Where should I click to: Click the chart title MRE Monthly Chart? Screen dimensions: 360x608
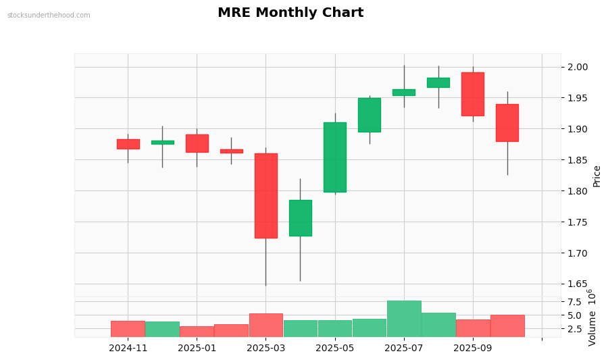(x=290, y=13)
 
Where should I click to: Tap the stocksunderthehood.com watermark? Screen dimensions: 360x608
(x=49, y=16)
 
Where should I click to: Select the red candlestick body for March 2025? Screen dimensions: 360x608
(x=265, y=196)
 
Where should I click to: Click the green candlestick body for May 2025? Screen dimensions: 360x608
(x=335, y=157)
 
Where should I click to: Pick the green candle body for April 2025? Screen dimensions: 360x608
(x=301, y=217)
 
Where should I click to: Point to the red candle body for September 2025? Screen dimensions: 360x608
(x=473, y=94)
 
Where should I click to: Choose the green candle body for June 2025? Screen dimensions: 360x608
(x=370, y=115)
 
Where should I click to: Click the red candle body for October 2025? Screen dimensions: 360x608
(x=507, y=123)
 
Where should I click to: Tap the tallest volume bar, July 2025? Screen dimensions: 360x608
(x=404, y=319)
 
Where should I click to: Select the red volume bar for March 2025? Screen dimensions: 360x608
(x=265, y=325)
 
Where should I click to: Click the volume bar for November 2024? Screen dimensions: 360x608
(x=128, y=329)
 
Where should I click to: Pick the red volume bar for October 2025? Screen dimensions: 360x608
(x=507, y=326)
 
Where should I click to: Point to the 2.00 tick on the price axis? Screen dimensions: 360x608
(x=578, y=67)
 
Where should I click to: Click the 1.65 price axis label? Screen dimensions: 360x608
(x=578, y=284)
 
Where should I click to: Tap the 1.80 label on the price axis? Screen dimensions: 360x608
(x=578, y=191)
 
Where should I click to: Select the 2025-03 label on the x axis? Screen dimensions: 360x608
(x=265, y=349)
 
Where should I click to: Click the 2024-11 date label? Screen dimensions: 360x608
(x=128, y=349)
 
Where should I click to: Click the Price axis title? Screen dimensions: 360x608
(x=597, y=176)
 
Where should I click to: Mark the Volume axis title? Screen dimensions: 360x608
(x=592, y=317)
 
